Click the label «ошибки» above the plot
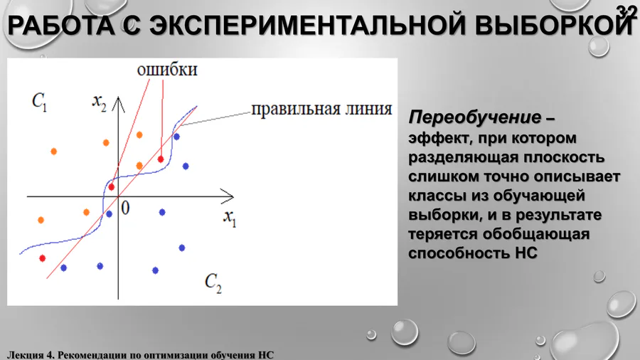coord(167,70)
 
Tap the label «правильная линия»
coord(321,110)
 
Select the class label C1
coord(40,101)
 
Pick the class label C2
coord(213,283)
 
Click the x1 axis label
coord(230,218)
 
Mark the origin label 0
coord(125,208)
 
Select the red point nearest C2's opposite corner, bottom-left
coord(43,258)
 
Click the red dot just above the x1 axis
coord(112,187)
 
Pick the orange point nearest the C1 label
coord(53,152)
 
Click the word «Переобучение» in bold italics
coord(475,118)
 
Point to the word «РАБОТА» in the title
coord(61,25)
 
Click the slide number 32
coord(626,11)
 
